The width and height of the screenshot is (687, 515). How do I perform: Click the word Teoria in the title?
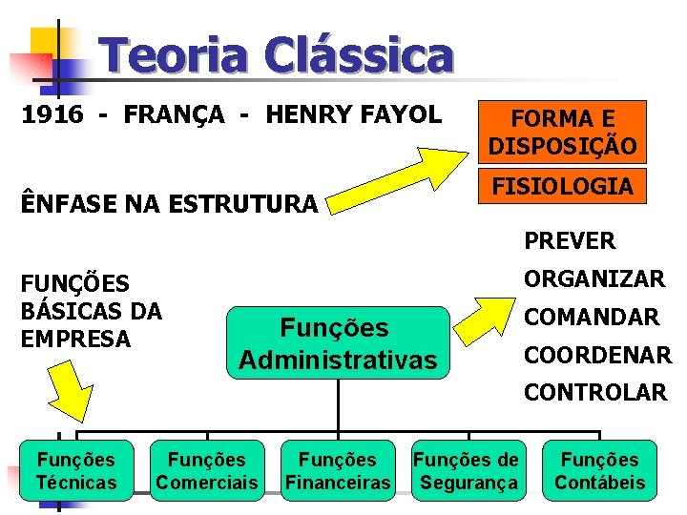176,55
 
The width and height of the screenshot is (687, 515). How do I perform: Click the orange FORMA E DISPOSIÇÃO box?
562,133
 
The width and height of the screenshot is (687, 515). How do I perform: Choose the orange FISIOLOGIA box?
562,186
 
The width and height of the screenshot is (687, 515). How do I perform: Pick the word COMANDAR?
591,318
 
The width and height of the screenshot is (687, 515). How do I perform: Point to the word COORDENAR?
596,355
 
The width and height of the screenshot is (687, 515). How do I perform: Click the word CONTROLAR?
594,392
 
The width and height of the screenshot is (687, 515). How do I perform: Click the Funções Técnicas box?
75,471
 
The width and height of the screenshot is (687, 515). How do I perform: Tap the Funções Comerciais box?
206,471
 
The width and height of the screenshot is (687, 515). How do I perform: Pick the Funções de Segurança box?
468,471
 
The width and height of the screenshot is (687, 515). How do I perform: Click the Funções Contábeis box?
599,471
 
